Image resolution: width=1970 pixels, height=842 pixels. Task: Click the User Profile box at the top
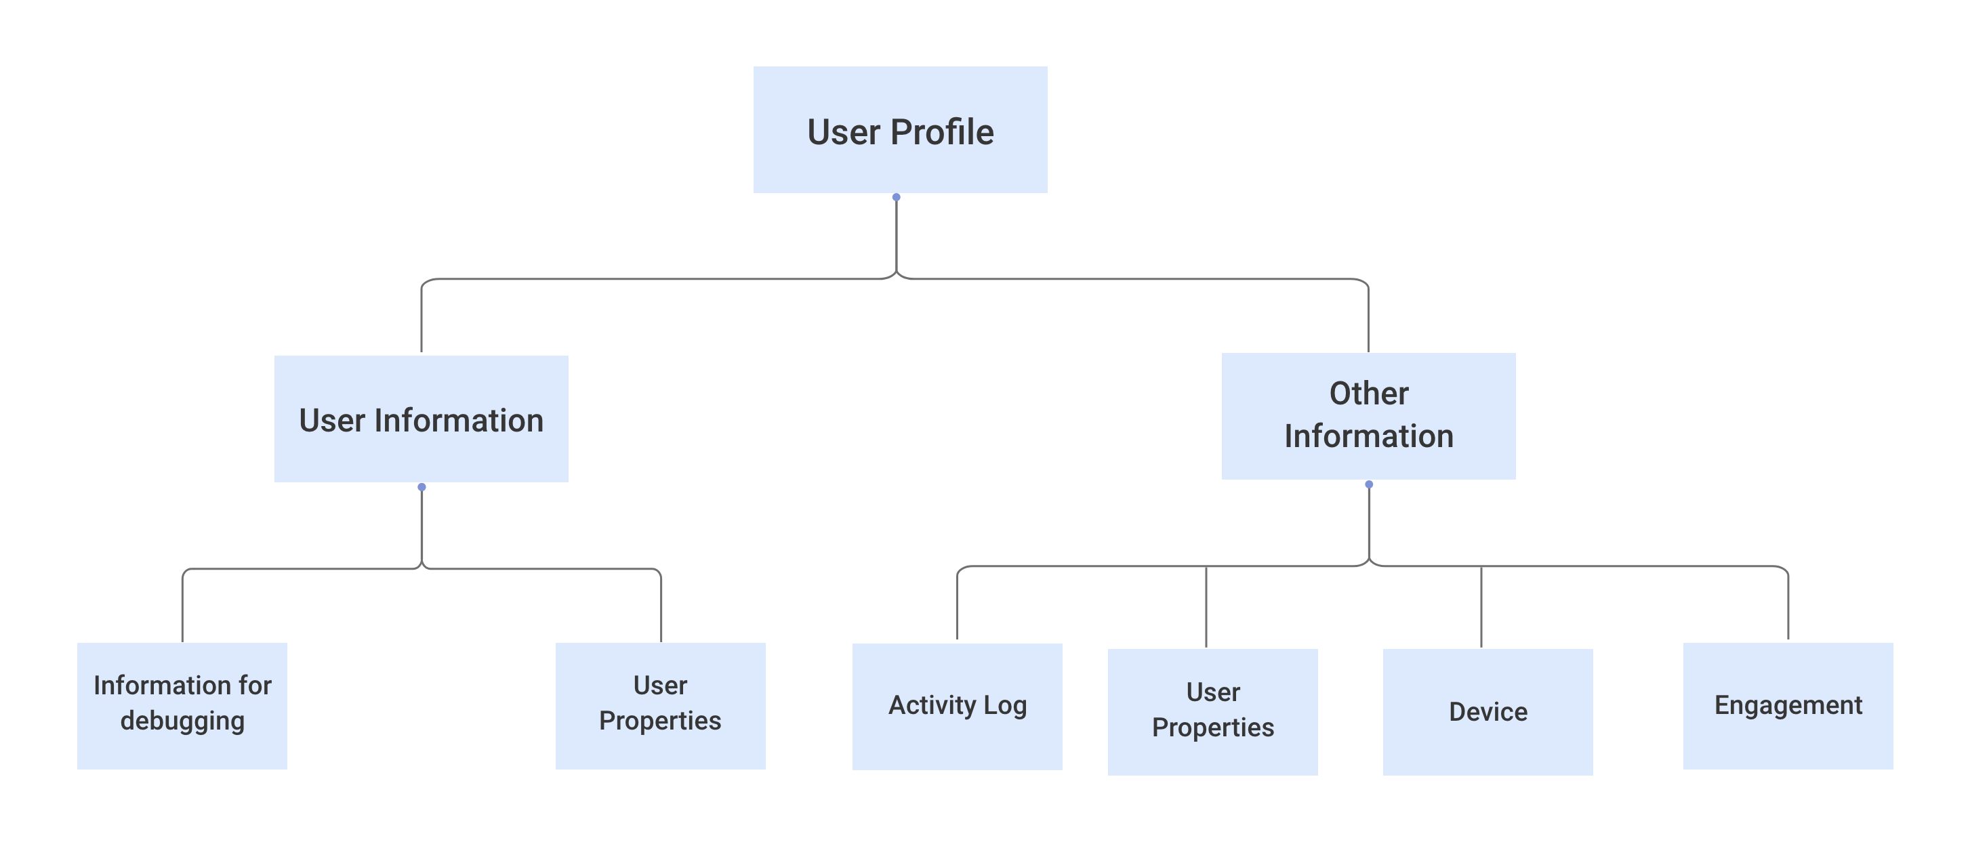pos(900,130)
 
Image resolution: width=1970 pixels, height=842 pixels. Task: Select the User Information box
pos(422,419)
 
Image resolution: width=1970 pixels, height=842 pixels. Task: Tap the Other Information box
pos(1368,416)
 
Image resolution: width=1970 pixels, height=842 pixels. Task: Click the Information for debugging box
pos(182,705)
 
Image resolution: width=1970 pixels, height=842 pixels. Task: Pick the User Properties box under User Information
pos(660,705)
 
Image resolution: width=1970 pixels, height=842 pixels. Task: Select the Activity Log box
pos(957,706)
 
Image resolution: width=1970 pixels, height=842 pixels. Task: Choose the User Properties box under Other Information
pos(1212,711)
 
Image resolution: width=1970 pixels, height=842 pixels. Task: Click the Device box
pos(1487,711)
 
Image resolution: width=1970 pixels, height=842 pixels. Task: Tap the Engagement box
pos(1787,705)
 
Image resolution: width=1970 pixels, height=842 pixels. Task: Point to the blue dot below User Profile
pos(897,197)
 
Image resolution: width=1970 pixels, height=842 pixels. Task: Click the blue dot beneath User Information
pos(422,487)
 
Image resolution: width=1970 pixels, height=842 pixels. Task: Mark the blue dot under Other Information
pos(1369,484)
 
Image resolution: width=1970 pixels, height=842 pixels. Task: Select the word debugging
pos(182,721)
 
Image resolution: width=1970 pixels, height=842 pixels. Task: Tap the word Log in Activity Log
pos(1005,705)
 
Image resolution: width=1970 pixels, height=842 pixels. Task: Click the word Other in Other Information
pos(1368,394)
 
